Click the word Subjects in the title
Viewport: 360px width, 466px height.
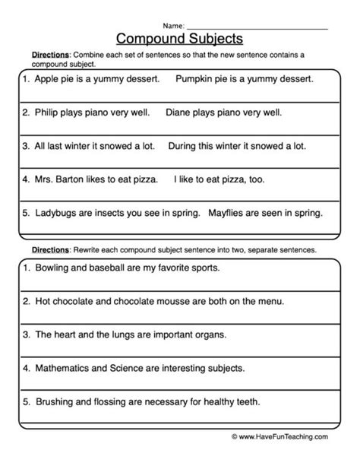point(216,36)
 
